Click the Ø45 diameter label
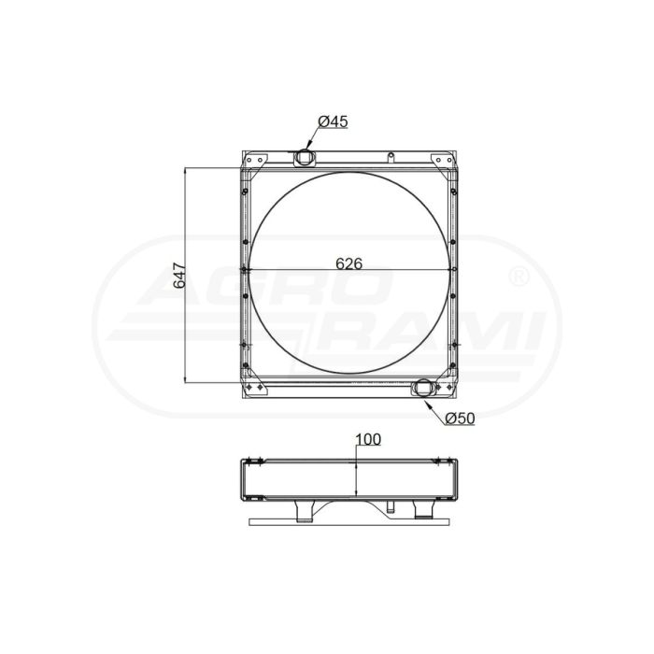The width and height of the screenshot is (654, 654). [333, 121]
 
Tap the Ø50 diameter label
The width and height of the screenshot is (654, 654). [460, 418]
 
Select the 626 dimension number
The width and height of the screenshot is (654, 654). [349, 263]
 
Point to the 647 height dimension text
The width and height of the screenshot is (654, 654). [179, 276]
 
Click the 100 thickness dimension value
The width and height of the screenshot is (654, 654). [368, 440]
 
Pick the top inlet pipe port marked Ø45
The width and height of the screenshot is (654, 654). [305, 158]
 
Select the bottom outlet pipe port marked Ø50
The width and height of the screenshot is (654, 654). [424, 387]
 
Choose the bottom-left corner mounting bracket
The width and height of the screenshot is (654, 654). [253, 386]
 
